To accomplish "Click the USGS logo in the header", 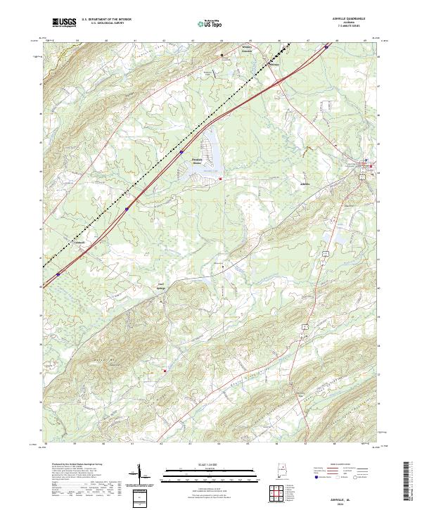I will (64, 23).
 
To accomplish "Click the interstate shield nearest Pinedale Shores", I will (181, 151).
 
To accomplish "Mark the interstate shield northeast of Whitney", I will (326, 47).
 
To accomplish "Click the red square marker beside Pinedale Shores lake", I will (220, 179).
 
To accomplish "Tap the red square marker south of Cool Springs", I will (165, 370).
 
